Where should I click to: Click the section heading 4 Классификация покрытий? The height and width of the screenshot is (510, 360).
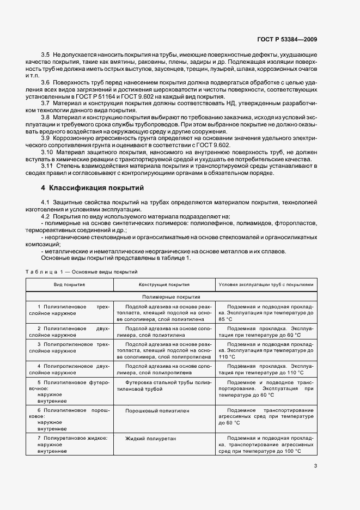coord(93,188)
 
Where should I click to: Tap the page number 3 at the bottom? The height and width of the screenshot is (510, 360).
coord(316,465)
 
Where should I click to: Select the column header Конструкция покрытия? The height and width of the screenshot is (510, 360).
coord(164,284)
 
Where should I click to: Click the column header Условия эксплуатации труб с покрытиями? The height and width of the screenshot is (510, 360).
coord(266,284)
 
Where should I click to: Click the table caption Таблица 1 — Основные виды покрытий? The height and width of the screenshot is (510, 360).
coord(81,271)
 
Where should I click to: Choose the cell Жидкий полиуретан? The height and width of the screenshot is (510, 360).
coord(145,438)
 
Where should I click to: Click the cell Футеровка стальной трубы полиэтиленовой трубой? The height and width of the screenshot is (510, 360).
coord(164,386)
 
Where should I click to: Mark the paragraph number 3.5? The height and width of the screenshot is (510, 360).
coord(45,56)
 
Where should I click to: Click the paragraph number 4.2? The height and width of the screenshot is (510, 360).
coord(45,216)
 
